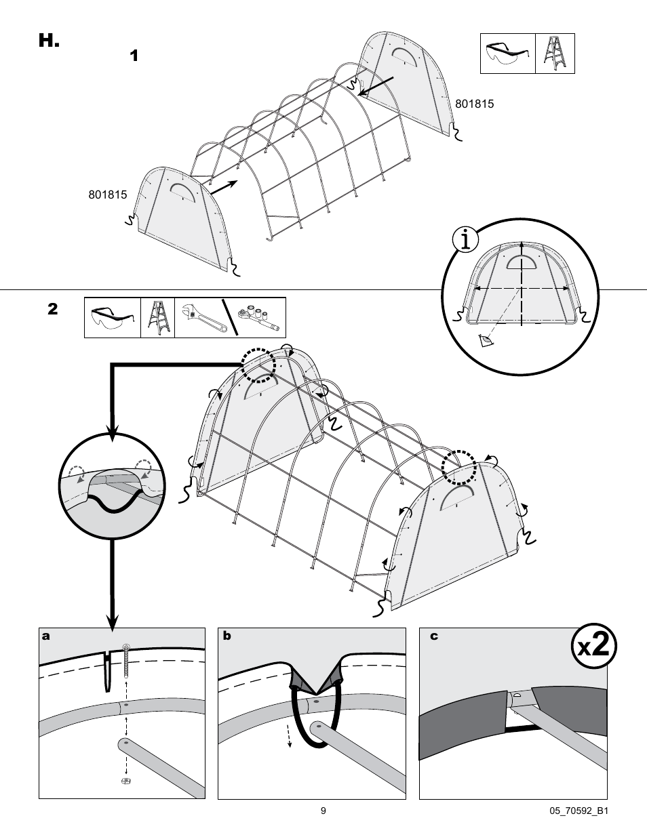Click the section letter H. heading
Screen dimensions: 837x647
click(49, 41)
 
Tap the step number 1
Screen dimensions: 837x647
click(134, 56)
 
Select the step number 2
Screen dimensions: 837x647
click(53, 309)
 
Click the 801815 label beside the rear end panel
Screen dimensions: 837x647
click(474, 104)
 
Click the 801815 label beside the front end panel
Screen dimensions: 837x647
click(108, 195)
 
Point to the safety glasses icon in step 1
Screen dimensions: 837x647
click(507, 54)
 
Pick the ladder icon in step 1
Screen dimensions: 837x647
click(555, 54)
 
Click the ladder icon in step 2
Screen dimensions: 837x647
click(157, 317)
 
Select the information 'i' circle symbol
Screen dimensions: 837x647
click(465, 239)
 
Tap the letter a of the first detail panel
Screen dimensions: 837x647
click(45, 636)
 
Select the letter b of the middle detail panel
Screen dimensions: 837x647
click(227, 636)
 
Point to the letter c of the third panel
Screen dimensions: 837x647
click(434, 636)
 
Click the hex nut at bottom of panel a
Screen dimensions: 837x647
click(125, 781)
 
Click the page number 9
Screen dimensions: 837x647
click(323, 811)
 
